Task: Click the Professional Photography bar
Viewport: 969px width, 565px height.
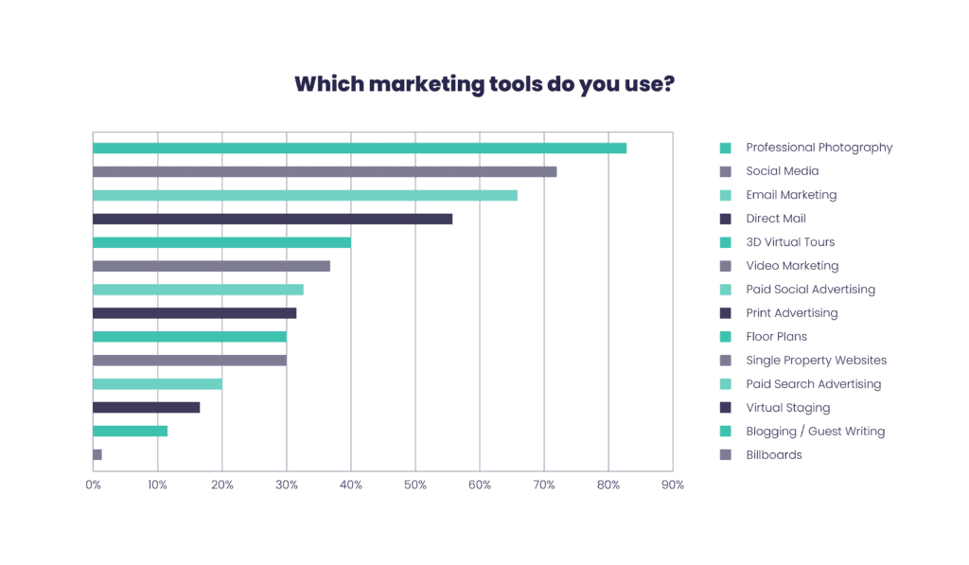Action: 360,148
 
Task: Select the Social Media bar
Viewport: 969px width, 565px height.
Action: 325,171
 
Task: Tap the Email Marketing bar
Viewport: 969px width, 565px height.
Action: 305,195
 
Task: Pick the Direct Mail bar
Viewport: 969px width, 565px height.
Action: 273,219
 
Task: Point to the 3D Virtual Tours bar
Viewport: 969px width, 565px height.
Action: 222,242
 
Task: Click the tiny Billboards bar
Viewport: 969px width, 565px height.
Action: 97,455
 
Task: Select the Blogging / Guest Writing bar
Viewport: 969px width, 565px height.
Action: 131,432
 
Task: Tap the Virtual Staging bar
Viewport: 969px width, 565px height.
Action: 147,408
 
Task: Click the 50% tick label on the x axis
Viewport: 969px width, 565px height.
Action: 414,485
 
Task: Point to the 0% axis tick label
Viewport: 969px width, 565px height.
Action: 93,485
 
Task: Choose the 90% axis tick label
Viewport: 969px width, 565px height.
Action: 672,485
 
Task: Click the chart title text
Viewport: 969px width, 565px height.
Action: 484,84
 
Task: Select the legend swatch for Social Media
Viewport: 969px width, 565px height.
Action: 726,171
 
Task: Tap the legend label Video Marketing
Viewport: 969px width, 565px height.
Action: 791,266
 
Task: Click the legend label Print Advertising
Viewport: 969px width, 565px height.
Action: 791,313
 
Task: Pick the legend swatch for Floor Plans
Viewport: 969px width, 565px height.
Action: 726,337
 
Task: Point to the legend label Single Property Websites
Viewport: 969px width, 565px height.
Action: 816,361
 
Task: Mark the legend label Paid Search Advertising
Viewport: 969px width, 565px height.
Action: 813,384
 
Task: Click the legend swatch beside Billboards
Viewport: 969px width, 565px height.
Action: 726,455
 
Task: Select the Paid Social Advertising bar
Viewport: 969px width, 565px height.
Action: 198,290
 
